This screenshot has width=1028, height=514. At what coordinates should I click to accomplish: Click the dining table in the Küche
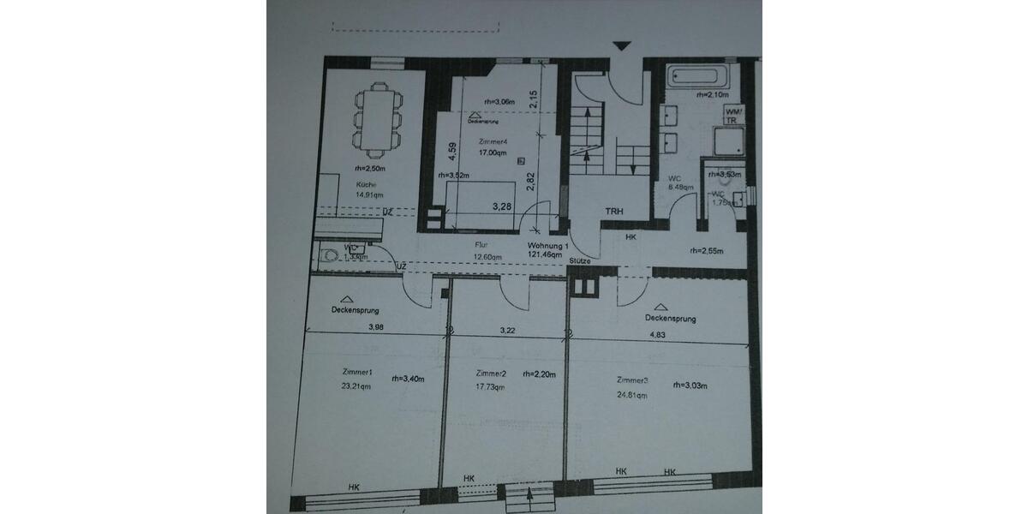click(x=375, y=120)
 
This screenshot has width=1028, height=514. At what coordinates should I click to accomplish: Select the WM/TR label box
click(x=734, y=116)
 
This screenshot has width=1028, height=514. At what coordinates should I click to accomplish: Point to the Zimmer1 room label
click(x=357, y=373)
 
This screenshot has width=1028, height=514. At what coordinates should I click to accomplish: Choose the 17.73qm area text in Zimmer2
click(x=490, y=387)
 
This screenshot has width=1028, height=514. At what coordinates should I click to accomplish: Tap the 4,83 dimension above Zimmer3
click(x=657, y=336)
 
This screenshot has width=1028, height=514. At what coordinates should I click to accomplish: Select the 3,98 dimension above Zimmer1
click(x=375, y=327)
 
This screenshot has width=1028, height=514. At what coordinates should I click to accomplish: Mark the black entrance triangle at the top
click(x=622, y=46)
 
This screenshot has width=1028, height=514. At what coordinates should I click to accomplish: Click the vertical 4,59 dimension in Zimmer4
click(x=453, y=152)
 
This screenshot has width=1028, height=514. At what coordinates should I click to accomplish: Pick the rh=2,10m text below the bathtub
click(x=713, y=95)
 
